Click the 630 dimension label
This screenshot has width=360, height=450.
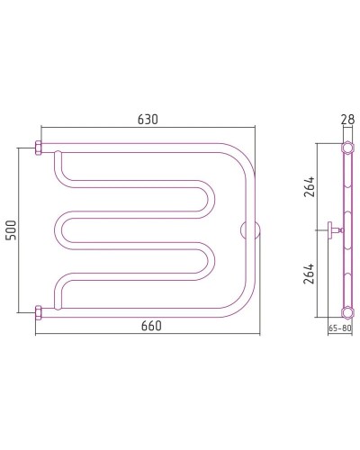(x=148, y=120)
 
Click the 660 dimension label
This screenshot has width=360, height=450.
(x=151, y=326)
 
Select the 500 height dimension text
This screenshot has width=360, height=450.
(x=11, y=230)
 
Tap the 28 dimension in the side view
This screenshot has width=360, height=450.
(x=348, y=119)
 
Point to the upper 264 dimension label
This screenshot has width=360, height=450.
(x=309, y=186)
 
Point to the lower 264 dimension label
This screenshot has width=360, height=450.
(x=309, y=274)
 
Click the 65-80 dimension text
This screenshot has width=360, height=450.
(x=340, y=328)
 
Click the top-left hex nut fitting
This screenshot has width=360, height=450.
(x=39, y=148)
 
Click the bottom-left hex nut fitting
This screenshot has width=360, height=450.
(x=39, y=313)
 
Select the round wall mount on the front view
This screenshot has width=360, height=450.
(x=250, y=230)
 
